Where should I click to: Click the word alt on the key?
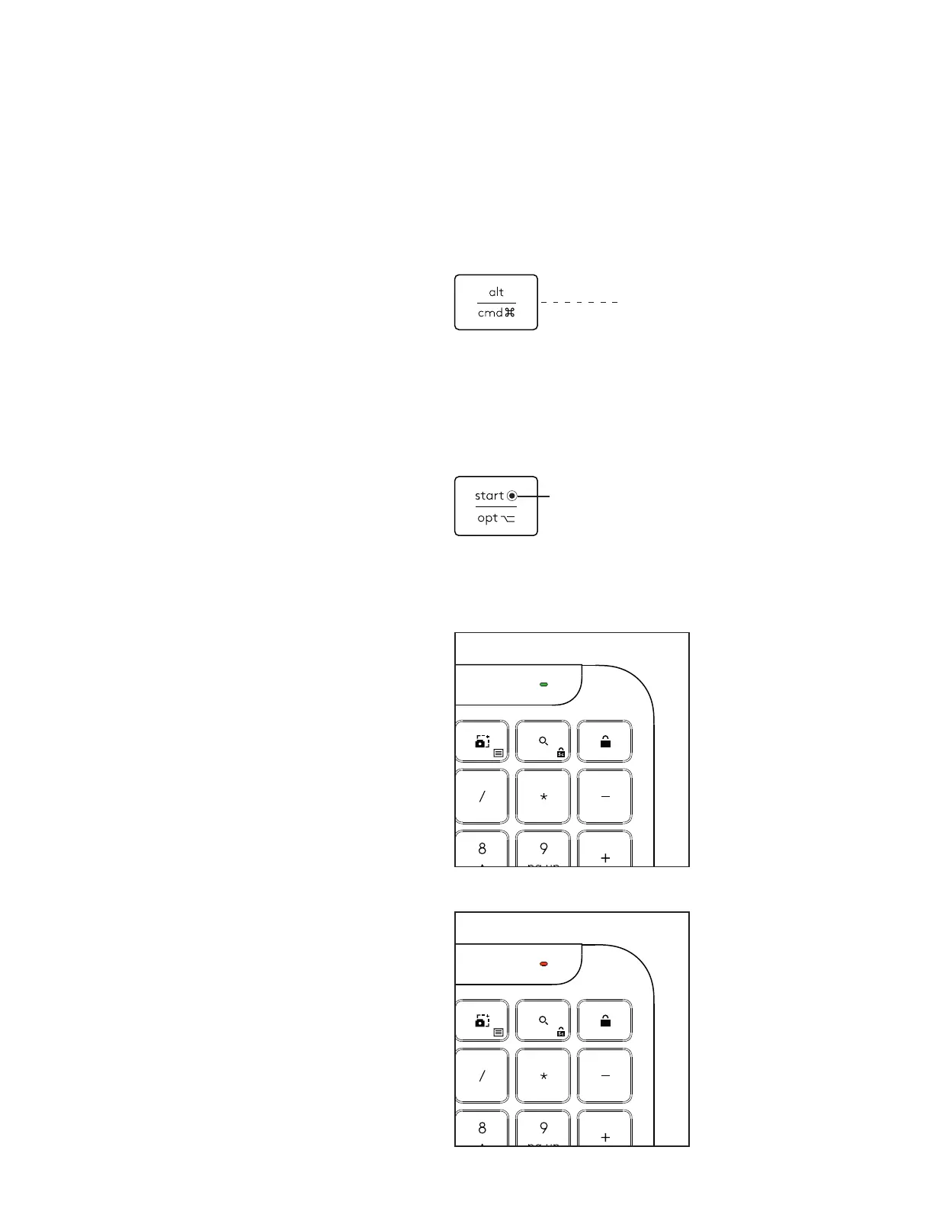coord(496,292)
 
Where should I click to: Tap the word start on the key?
coord(489,496)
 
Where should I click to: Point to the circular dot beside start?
coord(512,496)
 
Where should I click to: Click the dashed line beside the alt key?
coord(579,303)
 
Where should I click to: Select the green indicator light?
coord(543,685)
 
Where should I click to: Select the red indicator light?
coord(543,964)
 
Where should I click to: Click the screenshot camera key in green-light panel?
coord(483,741)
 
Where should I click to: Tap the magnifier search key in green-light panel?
coord(543,741)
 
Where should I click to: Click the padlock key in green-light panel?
coord(605,741)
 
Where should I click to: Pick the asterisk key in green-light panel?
coord(543,797)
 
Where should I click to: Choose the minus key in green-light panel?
coord(605,797)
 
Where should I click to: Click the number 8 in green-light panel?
coord(482,849)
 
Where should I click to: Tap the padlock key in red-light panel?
coord(605,1020)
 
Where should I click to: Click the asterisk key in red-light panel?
coord(543,1076)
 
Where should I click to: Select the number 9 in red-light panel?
coord(543,1128)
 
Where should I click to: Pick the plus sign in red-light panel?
coord(605,1137)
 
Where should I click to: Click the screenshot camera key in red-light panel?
coord(483,1020)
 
